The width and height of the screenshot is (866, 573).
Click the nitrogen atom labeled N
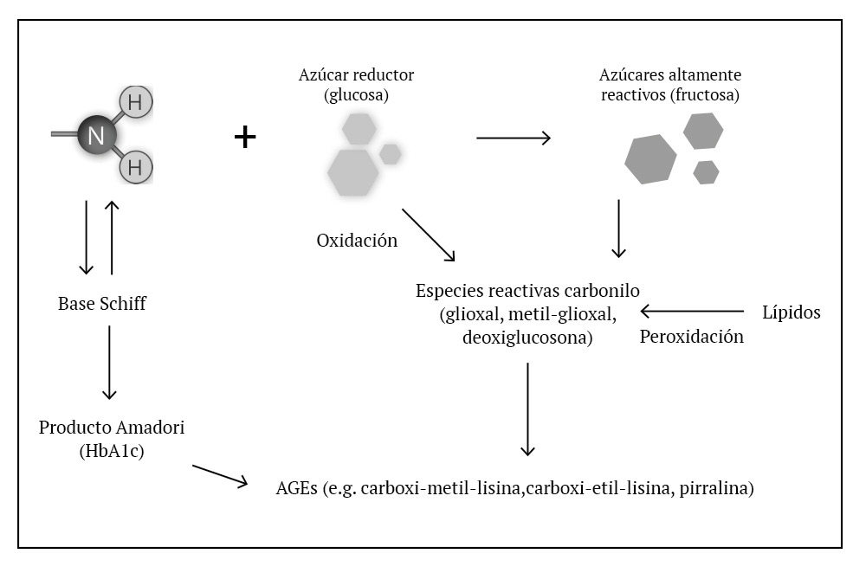[x=97, y=135]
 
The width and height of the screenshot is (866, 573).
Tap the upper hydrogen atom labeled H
[x=135, y=102]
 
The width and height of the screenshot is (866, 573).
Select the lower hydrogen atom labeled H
[x=135, y=167]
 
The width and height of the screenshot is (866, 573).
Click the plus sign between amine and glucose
[x=245, y=137]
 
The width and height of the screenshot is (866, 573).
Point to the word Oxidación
[x=357, y=240]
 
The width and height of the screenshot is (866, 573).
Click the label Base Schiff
[x=102, y=303]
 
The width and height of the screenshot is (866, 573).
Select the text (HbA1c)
[x=112, y=451]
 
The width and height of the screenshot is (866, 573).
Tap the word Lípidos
[x=792, y=312]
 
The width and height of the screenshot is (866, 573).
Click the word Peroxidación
[x=691, y=336]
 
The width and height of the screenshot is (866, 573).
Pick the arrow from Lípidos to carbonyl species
[x=692, y=312]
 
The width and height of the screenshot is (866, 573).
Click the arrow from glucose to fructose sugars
[x=514, y=138]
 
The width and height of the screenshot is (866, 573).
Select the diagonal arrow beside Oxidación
[x=429, y=235]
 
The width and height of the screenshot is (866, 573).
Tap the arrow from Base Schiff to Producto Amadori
[x=109, y=362]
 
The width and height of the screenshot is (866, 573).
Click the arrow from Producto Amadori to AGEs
[x=220, y=476]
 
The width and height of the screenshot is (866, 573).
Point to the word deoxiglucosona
[x=527, y=338]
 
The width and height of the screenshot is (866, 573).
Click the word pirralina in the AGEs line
[x=716, y=488]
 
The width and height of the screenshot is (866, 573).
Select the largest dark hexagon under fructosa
[x=650, y=159]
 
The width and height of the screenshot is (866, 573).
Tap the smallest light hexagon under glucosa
[x=391, y=154]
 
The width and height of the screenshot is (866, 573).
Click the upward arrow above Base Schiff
[x=112, y=237]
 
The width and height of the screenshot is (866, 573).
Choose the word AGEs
[x=296, y=488]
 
